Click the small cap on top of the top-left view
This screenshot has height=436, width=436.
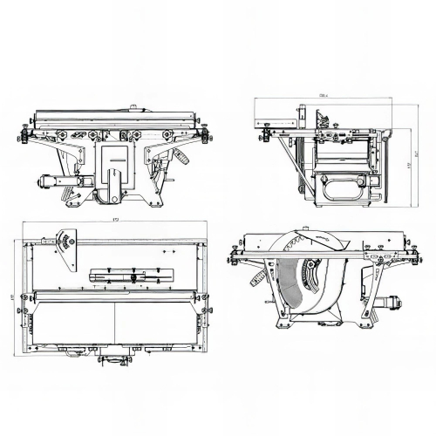(x=132, y=107)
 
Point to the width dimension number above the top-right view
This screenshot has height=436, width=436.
(x=324, y=93)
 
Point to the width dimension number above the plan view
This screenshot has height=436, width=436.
(x=116, y=220)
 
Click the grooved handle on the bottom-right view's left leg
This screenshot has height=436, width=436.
(x=257, y=278)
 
